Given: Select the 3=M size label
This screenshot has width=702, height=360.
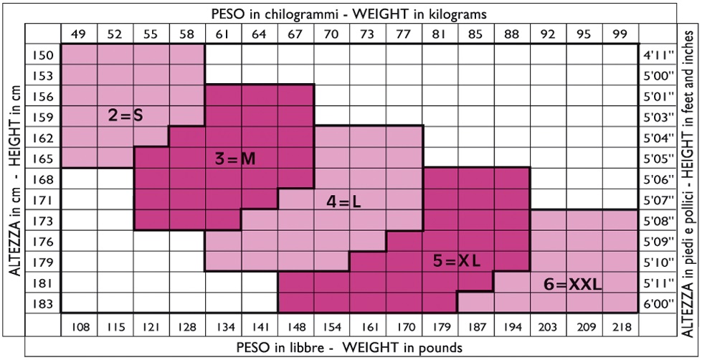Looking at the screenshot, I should [235, 158].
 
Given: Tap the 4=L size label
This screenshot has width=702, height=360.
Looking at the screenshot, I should [342, 203].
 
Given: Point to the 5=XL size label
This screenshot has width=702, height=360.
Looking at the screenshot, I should [455, 262].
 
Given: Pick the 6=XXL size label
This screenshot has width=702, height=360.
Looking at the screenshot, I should [572, 284].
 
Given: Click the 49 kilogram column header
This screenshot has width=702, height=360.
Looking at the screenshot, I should [80, 33].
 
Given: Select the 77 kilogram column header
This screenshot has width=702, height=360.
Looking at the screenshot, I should [404, 33].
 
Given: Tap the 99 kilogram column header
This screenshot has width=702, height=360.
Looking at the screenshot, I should [620, 33].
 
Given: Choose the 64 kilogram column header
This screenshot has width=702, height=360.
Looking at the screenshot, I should [260, 33].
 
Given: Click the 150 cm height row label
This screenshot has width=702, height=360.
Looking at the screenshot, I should [43, 55].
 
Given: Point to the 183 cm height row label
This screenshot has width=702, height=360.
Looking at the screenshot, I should [43, 303].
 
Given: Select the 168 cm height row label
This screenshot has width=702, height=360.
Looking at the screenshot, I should [43, 179].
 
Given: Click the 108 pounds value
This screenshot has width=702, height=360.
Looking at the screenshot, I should [80, 326].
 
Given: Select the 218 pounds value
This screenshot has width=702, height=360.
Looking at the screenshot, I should [620, 326].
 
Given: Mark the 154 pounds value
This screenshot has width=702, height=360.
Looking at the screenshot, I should [332, 326].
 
